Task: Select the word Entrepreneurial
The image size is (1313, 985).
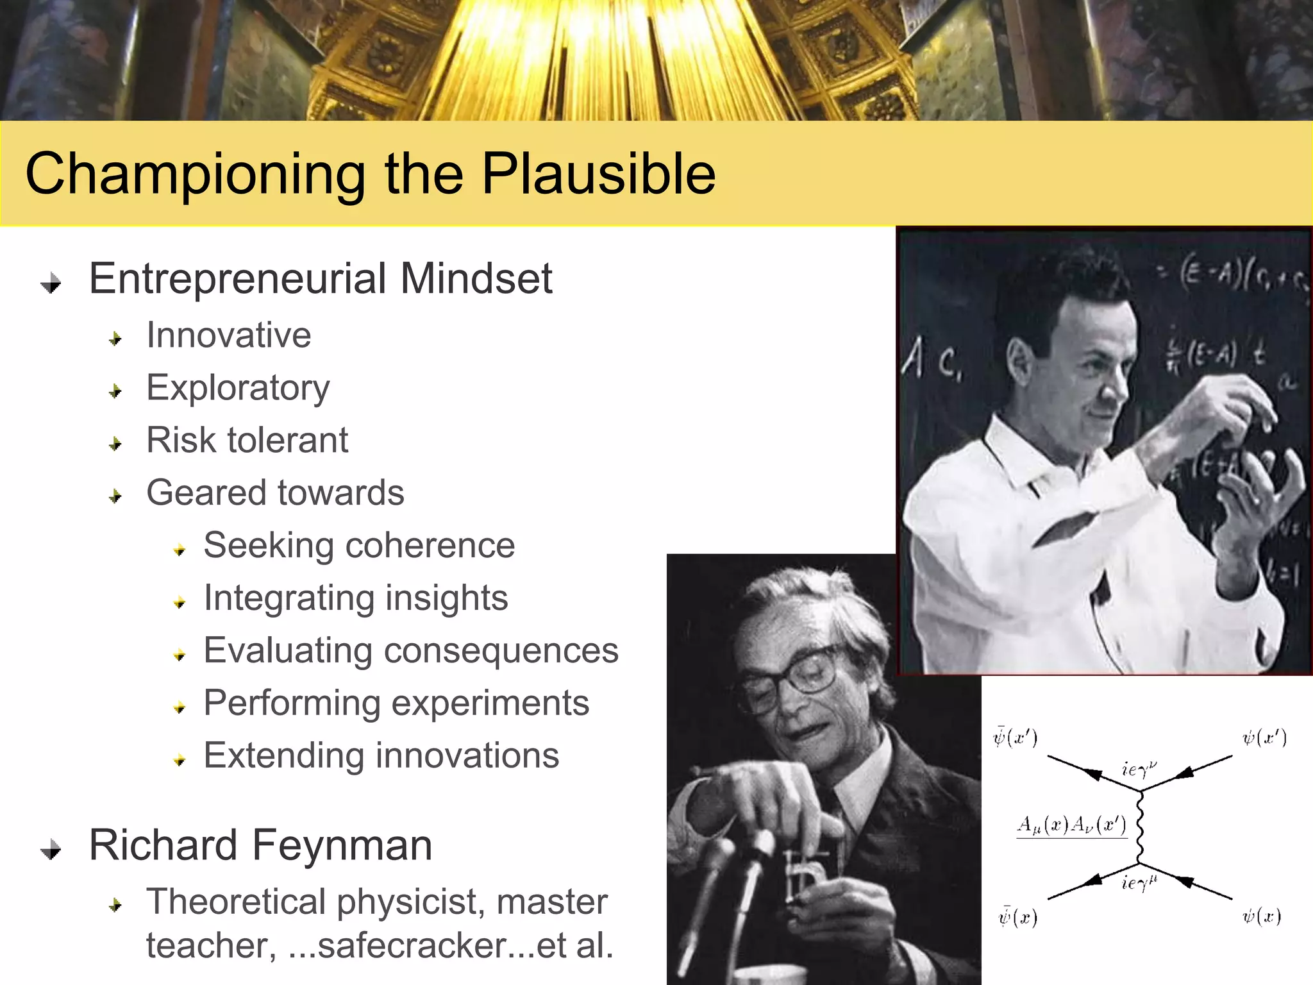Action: click(x=238, y=279)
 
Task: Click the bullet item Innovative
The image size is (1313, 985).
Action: click(x=229, y=335)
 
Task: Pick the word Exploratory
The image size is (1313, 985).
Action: click(x=238, y=388)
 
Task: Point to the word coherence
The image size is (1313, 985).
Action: click(x=430, y=546)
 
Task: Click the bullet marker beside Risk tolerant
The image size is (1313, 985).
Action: click(x=115, y=443)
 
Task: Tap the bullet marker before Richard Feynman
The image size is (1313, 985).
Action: click(x=51, y=850)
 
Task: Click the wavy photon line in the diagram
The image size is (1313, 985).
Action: click(x=1141, y=827)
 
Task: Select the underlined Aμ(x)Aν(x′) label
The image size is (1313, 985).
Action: click(x=1071, y=825)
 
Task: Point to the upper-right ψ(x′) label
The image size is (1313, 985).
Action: click(x=1264, y=738)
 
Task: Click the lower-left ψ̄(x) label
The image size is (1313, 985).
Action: click(x=1017, y=917)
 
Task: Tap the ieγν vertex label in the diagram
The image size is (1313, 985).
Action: click(x=1139, y=768)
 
